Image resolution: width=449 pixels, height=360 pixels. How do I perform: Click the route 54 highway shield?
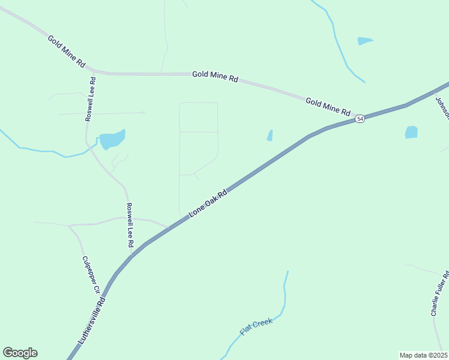pyautogui.click(x=360, y=119)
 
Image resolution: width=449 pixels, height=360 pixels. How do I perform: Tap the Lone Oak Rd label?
pyautogui.click(x=208, y=203)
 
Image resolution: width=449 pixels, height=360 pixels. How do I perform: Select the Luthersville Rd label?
pyautogui.click(x=92, y=321)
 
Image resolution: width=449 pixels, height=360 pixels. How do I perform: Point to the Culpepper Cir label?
pyautogui.click(x=91, y=275)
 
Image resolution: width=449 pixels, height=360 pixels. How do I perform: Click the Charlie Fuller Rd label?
pyautogui.click(x=439, y=293)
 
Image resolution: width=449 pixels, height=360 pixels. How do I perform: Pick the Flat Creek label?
pyautogui.click(x=256, y=326)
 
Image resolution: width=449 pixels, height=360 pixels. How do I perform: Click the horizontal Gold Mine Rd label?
pyautogui.click(x=215, y=77)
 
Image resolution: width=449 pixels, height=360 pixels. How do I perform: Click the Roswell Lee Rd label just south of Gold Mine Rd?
pyautogui.click(x=90, y=99)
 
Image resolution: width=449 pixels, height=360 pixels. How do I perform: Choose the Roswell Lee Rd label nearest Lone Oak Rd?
pyautogui.click(x=129, y=225)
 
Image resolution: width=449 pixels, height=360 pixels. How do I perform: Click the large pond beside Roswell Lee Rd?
pyautogui.click(x=112, y=140)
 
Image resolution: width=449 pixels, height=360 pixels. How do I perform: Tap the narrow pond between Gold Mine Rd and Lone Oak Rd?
pyautogui.click(x=270, y=136)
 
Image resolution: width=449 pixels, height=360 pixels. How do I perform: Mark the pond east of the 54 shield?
pyautogui.click(x=411, y=132)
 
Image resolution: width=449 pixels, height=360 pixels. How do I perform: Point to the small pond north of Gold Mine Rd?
pyautogui.click(x=364, y=41)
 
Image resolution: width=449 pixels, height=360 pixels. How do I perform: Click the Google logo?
pyautogui.click(x=20, y=353)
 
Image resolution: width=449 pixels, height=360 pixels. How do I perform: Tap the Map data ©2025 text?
pyautogui.click(x=423, y=355)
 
